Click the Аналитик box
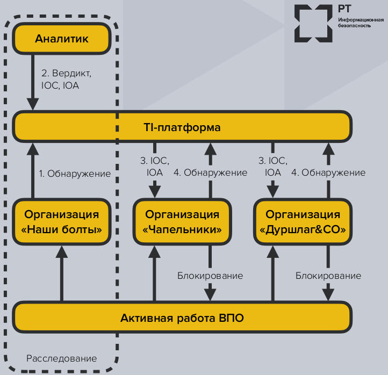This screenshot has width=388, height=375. (x=61, y=39)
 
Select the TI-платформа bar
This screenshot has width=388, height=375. (x=182, y=128)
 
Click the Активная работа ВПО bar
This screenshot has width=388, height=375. (x=182, y=318)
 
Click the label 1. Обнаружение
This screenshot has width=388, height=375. (x=75, y=174)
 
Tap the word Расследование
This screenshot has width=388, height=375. (x=62, y=358)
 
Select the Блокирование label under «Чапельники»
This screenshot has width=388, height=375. (x=210, y=276)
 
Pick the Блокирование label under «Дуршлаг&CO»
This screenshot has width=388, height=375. (x=328, y=276)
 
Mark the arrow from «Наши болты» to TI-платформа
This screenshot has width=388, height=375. (x=33, y=169)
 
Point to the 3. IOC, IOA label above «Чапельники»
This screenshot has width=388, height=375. (x=154, y=167)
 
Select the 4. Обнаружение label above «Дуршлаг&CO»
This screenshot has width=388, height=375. (x=328, y=173)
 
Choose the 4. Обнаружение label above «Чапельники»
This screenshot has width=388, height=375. (x=210, y=173)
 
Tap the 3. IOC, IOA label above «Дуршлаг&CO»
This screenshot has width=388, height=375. (x=272, y=167)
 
